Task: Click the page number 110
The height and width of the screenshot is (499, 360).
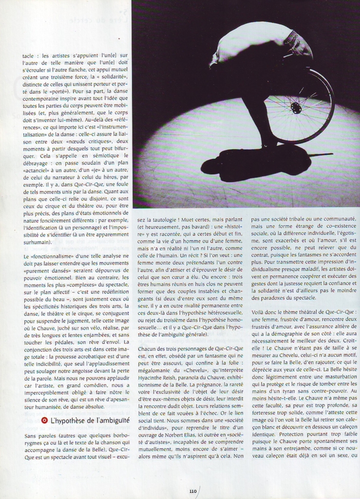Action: click(x=193, y=491)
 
